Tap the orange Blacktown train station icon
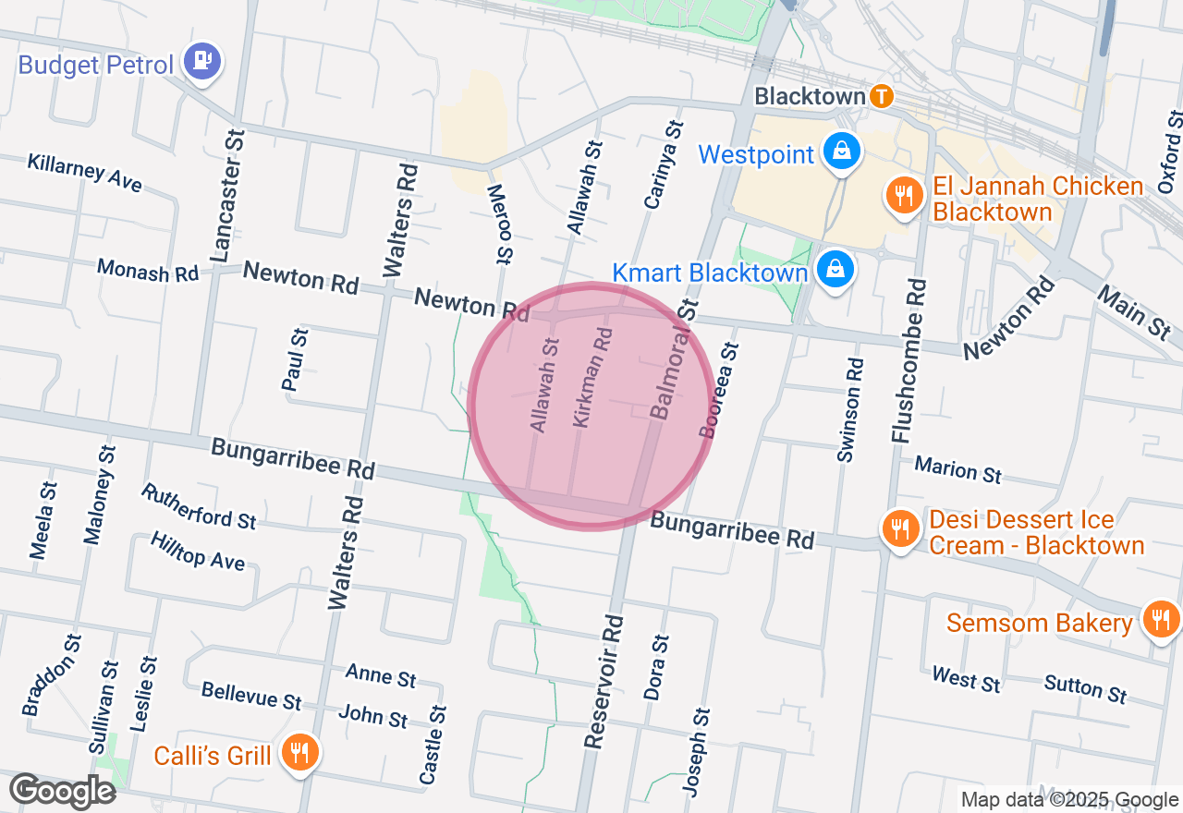[882, 96]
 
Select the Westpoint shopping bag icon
[842, 152]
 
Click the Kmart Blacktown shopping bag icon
[835, 270]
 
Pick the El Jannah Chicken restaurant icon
[901, 196]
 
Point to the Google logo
[62, 791]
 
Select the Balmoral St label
[673, 358]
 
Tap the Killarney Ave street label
[85, 173]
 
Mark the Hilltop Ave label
[198, 552]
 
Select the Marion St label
[957, 469]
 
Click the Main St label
[1133, 311]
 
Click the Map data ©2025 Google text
[1069, 800]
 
